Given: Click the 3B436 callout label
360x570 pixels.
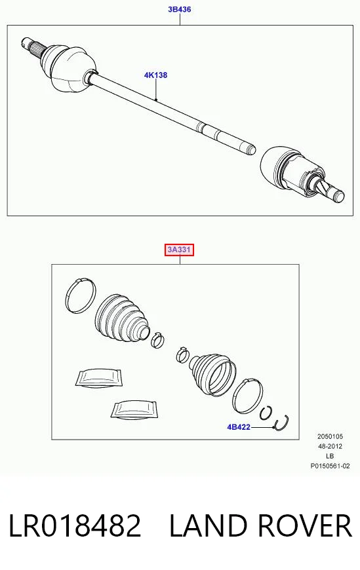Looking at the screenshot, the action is pyautogui.click(x=179, y=9).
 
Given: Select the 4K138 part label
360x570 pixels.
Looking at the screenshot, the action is pyautogui.click(x=155, y=75).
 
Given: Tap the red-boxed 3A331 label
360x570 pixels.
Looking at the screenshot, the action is pyautogui.click(x=179, y=250).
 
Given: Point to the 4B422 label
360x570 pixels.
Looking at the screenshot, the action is pyautogui.click(x=239, y=427).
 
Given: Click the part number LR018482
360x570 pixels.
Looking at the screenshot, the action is pyautogui.click(x=75, y=525).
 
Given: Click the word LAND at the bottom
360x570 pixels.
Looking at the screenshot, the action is pyautogui.click(x=208, y=525).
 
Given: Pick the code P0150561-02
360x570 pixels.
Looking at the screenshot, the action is pyautogui.click(x=330, y=466).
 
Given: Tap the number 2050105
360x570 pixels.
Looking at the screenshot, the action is pyautogui.click(x=330, y=436).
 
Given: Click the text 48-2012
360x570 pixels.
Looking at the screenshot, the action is pyautogui.click(x=330, y=446).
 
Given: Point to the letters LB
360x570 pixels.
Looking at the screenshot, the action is pyautogui.click(x=330, y=456).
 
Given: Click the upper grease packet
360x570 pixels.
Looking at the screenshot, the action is pyautogui.click(x=98, y=377).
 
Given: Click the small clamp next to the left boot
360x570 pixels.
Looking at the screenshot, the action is pyautogui.click(x=157, y=340).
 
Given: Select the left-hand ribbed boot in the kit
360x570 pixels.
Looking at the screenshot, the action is pyautogui.click(x=121, y=318).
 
